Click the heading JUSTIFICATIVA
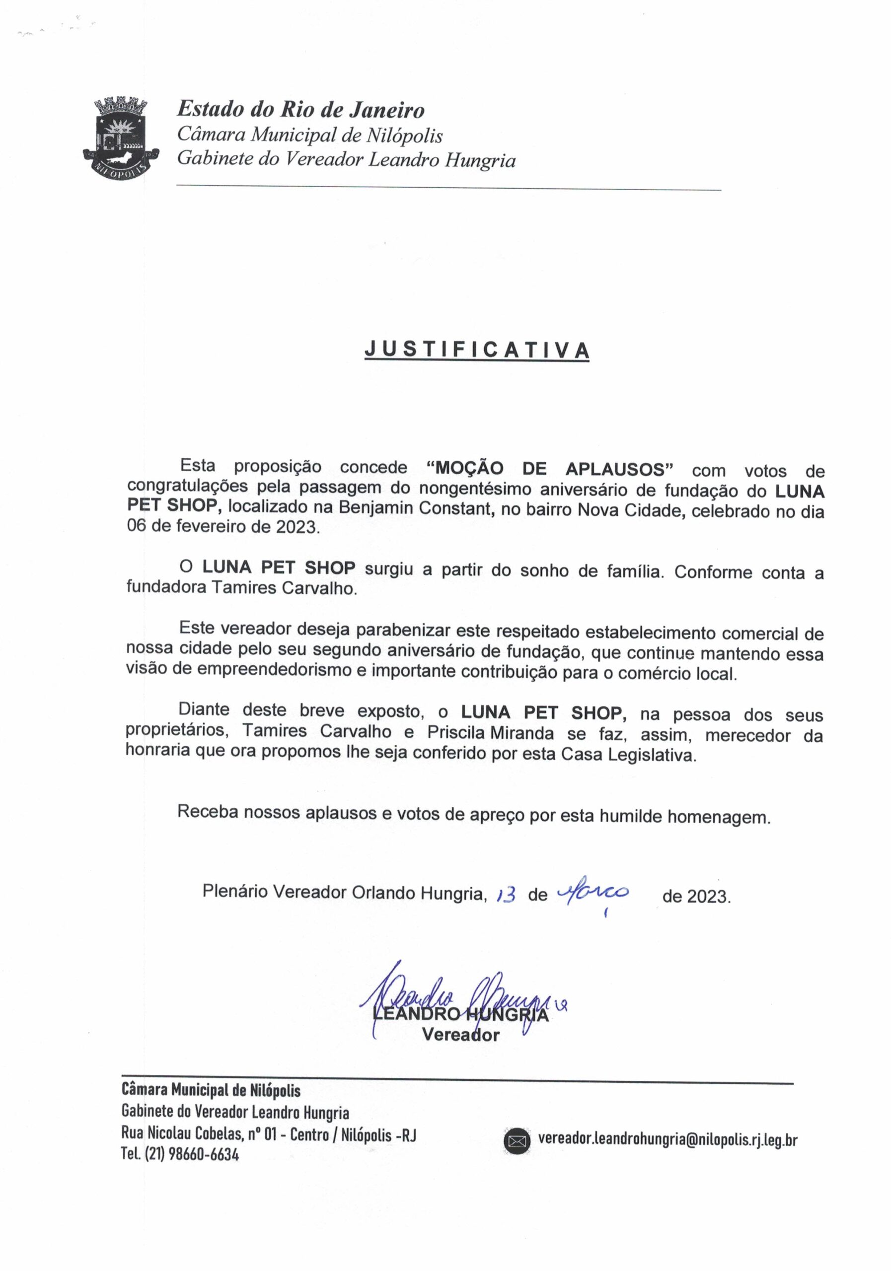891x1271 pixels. click(x=477, y=350)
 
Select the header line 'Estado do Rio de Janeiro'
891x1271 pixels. click(x=300, y=110)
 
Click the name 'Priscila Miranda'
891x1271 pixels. click(x=490, y=733)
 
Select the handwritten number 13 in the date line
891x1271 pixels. click(x=506, y=895)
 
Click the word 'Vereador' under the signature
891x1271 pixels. click(x=461, y=1034)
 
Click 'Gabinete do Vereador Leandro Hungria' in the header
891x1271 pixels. click(x=346, y=160)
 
